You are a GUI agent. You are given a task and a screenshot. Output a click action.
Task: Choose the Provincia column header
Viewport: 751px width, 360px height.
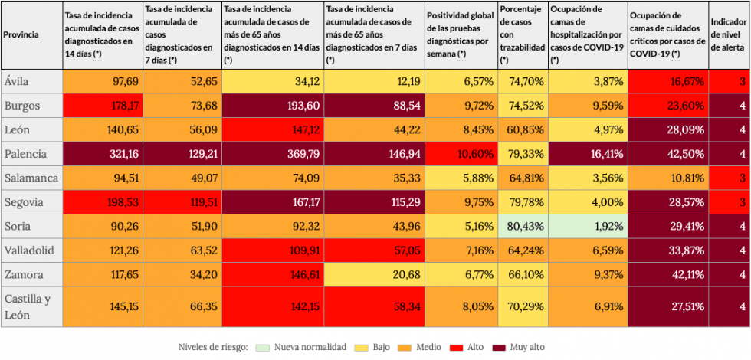[x=22, y=34]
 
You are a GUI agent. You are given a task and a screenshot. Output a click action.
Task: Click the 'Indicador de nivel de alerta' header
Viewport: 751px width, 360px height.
[x=728, y=34]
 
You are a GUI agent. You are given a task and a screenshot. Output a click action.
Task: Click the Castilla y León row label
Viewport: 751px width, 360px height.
[x=29, y=306]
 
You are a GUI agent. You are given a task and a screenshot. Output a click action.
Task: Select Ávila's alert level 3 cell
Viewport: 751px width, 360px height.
[x=729, y=81]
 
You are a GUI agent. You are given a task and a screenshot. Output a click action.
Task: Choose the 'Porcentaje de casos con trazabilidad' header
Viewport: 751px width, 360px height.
[x=522, y=34]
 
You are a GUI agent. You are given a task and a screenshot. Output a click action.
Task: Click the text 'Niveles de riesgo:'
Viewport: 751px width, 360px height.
[x=212, y=348]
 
